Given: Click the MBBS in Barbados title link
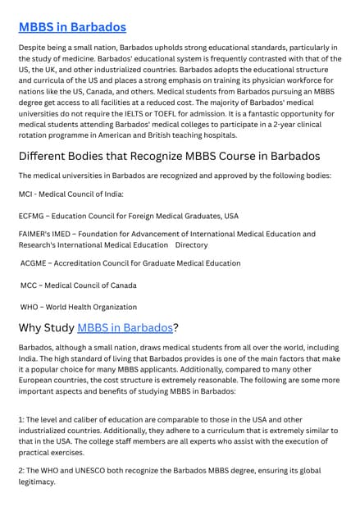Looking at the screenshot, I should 72,27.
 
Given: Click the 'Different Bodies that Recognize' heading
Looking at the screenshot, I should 169,156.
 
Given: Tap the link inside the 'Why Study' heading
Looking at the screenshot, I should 125,328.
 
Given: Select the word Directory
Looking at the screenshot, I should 192,244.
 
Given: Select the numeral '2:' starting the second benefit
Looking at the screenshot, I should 22,471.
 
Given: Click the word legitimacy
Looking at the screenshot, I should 37,482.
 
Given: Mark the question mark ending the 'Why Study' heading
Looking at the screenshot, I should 176,328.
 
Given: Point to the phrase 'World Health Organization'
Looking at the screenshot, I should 93,307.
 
